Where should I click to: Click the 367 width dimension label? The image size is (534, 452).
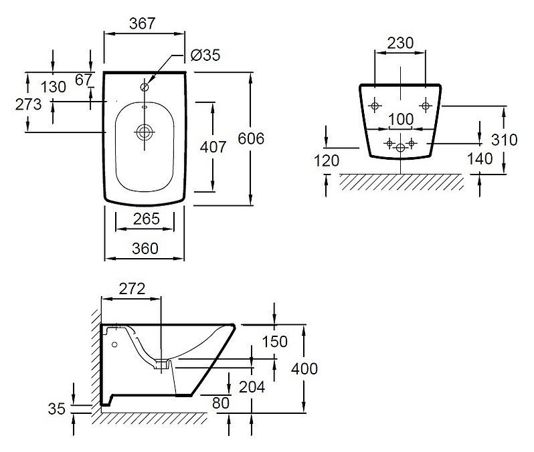(143, 23)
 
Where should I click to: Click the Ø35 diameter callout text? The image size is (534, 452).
(205, 55)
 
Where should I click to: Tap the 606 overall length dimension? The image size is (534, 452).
(251, 138)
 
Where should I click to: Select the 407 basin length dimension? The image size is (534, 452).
(213, 147)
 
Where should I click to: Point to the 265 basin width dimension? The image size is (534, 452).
(146, 219)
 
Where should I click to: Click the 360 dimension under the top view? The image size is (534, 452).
(145, 249)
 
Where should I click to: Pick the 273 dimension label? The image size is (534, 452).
(28, 104)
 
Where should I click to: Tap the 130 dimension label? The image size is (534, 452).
(53, 87)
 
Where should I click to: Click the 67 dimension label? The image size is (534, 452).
(84, 80)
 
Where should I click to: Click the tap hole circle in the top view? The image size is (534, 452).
(145, 87)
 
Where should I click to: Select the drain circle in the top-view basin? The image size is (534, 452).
(145, 132)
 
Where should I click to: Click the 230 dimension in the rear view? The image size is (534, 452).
(400, 43)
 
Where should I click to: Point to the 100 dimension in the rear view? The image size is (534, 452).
(401, 119)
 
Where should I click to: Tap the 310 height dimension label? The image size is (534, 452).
(504, 140)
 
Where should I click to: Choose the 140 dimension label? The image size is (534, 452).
(480, 158)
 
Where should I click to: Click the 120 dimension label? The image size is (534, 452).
(327, 160)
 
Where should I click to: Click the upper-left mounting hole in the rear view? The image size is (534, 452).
(375, 106)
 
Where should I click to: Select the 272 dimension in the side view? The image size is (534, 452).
(132, 289)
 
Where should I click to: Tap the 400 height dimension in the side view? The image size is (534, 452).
(304, 368)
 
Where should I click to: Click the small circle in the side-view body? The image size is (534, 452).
(114, 344)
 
